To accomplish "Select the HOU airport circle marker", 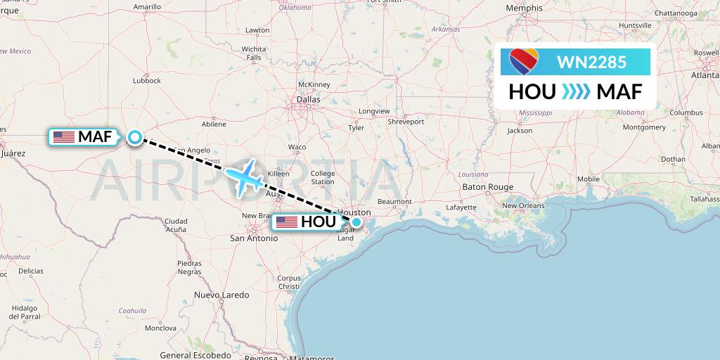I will pos(357,222).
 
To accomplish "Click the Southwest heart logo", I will pos(524,61).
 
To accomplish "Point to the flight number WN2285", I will pos(591,62).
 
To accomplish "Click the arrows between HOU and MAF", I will pos(576,92).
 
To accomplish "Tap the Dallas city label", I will pos(307,100).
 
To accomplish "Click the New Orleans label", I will pos(522,205).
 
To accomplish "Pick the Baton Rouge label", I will pos(487,186).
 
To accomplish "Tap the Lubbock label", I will pos(146,81).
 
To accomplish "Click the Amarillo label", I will pos(147,7).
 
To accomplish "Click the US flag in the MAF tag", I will pos(63,137).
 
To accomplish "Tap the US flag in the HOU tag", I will pos(287,222).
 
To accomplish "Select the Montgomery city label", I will pos(644,127).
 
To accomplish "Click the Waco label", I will pos(297,147).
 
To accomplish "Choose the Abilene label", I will pos(214,124).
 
